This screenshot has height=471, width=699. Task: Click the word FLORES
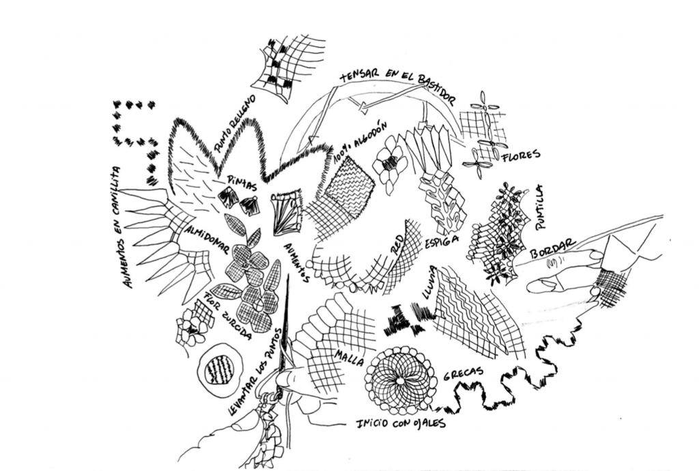pos(521,156)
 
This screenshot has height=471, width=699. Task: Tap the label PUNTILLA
pos(541,207)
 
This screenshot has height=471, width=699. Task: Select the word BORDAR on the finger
pos(553,249)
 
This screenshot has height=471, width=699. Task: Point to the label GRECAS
pos(463,373)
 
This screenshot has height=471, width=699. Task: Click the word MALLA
pos(349,358)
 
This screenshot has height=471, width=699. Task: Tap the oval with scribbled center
pos(220,369)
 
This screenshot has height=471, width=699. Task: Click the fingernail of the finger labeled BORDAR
pos(595,255)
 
